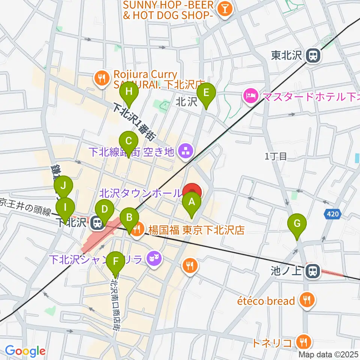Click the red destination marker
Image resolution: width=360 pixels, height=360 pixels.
coord(194,192)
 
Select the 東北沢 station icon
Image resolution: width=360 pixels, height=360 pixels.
coord(312,56)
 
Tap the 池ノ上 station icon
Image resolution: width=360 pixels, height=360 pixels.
coord(312,271)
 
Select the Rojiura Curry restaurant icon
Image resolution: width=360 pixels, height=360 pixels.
coord(101,79)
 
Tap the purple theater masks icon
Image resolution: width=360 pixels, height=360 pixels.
coord(152,258)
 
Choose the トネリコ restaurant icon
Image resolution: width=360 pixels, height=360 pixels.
coord(302,342)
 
